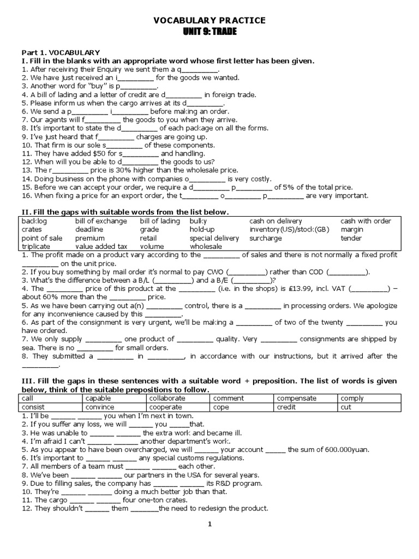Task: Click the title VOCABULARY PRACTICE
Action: pos(209,20)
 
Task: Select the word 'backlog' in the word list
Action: pos(34,221)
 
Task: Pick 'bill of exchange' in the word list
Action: pos(101,221)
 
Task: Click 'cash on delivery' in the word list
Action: pos(276,221)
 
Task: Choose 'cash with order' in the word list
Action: pos(366,221)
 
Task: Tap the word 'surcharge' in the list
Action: pos(266,239)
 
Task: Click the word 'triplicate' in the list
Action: pos(36,247)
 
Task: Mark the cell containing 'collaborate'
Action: pos(166,399)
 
